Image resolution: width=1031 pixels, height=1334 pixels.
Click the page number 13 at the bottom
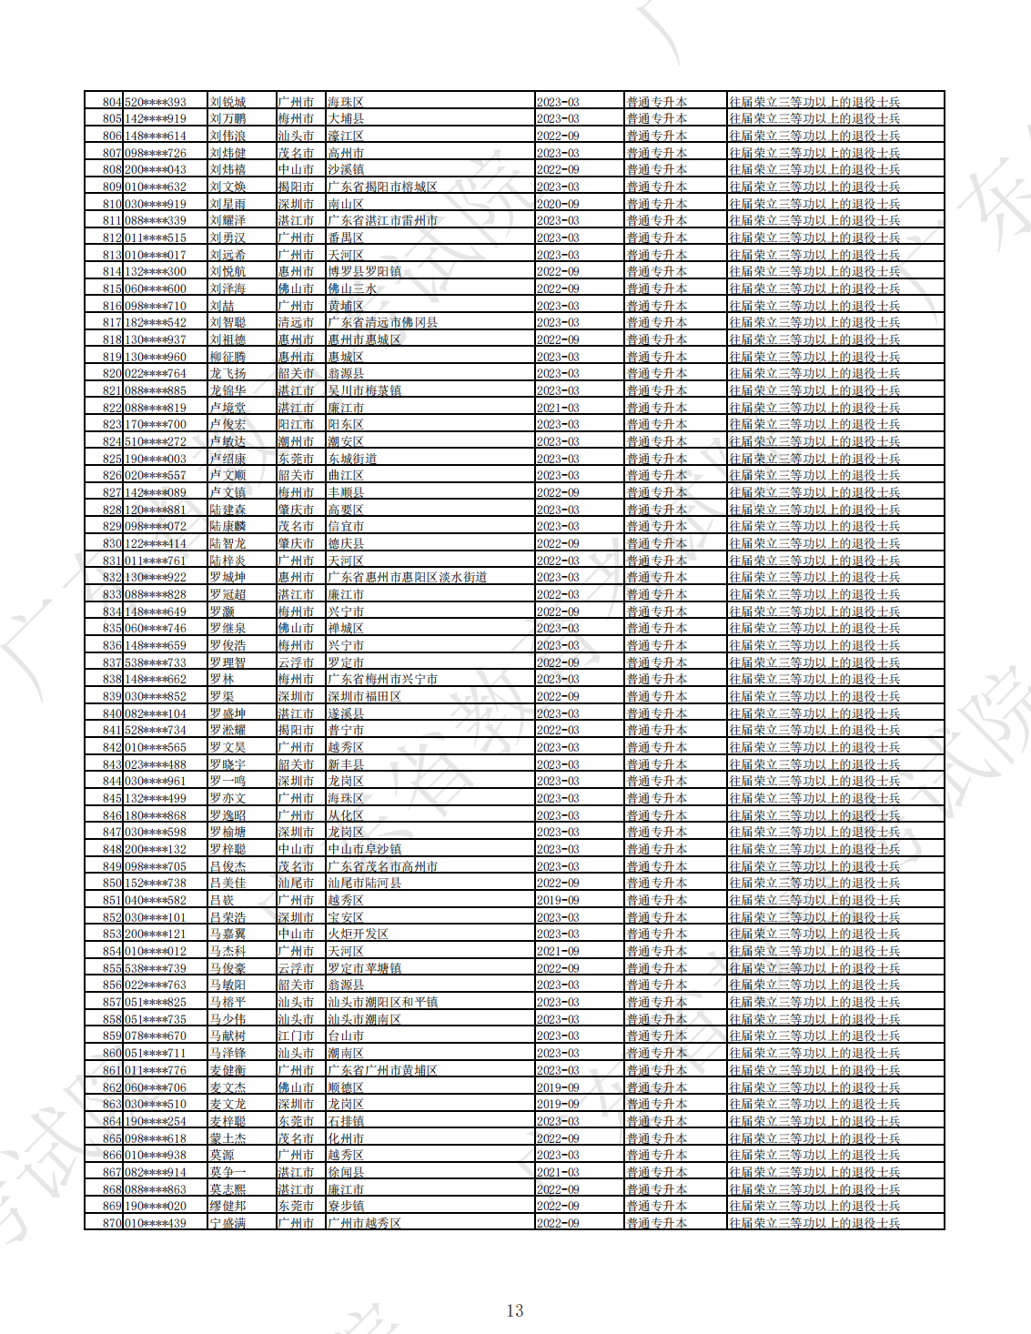pyautogui.click(x=514, y=1310)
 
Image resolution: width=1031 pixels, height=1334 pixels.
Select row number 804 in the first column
pyautogui.click(x=112, y=102)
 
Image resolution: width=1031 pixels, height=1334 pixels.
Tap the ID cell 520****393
pyautogui.click(x=156, y=102)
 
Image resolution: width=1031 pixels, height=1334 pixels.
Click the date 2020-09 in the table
pyautogui.click(x=558, y=204)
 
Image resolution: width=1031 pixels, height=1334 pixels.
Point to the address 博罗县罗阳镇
pyautogui.click(x=364, y=271)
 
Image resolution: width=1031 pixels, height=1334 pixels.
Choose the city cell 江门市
pyautogui.click(x=296, y=1036)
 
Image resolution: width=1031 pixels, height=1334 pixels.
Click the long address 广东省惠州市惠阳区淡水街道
pyautogui.click(x=407, y=577)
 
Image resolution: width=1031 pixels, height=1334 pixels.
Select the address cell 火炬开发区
pyautogui.click(x=358, y=934)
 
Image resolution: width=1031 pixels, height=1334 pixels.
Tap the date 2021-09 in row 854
pyautogui.click(x=558, y=951)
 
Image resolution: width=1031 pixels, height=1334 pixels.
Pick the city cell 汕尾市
pyautogui.click(x=296, y=883)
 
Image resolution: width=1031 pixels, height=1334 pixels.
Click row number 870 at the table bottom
pyautogui.click(x=112, y=1223)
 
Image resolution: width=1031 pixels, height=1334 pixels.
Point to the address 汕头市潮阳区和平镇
pyautogui.click(x=382, y=1002)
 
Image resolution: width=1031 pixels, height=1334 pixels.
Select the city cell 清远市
pyautogui.click(x=296, y=322)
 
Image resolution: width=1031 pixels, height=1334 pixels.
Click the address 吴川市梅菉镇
pyautogui.click(x=364, y=390)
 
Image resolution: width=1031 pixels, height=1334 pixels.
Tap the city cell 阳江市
pyautogui.click(x=296, y=424)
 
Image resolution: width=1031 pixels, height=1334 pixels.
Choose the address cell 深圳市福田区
pyautogui.click(x=364, y=696)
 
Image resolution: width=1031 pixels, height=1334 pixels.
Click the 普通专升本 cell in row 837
pyautogui.click(x=656, y=662)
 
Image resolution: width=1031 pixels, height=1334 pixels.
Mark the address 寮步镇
pyautogui.click(x=346, y=1206)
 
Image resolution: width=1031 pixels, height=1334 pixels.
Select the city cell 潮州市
pyautogui.click(x=296, y=441)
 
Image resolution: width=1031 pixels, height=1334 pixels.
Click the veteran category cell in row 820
pyautogui.click(x=814, y=373)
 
